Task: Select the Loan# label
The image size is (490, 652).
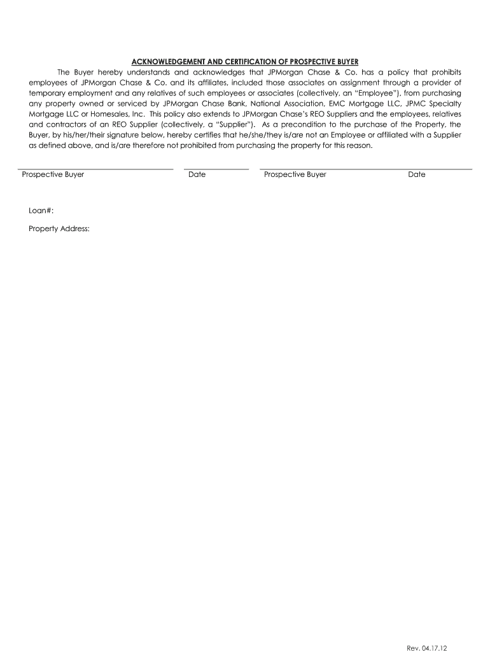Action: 41,210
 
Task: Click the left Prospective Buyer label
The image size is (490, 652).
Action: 53,174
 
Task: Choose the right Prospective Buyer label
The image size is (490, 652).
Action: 295,174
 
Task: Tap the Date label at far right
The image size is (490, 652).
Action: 417,174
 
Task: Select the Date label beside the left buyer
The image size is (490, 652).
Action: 197,174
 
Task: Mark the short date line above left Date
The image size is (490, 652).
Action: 216,169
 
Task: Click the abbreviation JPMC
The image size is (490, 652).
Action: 412,104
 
